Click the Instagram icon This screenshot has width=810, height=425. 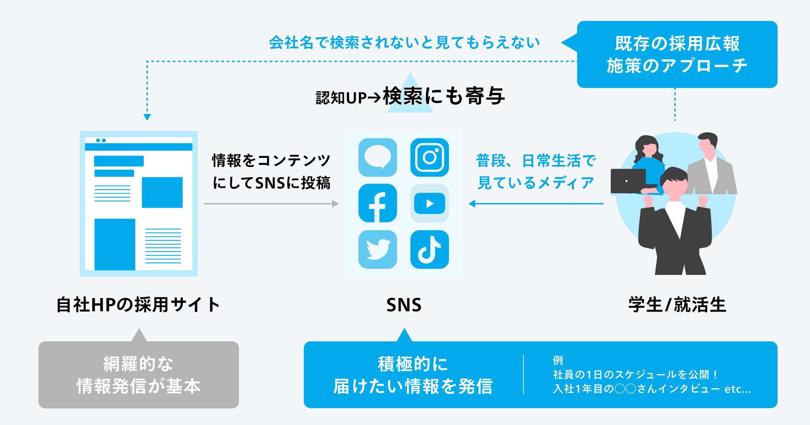coord(429,157)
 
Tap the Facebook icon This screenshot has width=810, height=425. coord(378,203)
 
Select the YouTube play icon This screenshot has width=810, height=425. coord(429,203)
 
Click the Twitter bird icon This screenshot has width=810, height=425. coord(378,249)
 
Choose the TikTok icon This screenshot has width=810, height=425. coord(429,249)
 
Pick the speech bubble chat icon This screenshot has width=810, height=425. coord(378,157)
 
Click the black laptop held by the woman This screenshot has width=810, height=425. coord(628,181)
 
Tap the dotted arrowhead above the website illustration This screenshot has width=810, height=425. coord(147,117)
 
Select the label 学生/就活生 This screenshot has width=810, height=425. coord(677,305)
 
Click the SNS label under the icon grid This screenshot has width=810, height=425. coord(404,305)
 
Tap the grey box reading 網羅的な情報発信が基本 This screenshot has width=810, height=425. coord(138,375)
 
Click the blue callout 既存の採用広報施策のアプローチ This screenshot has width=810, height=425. coord(677,54)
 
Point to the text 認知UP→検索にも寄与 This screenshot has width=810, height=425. coord(410,97)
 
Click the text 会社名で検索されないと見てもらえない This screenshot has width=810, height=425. coord(404,43)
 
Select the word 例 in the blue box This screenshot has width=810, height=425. coord(558,360)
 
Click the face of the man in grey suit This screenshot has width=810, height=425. coord(706,145)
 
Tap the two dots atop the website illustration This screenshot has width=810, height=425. coord(101,140)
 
